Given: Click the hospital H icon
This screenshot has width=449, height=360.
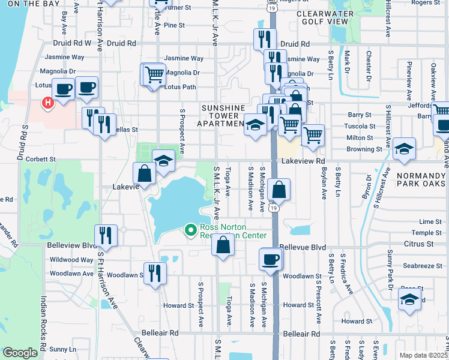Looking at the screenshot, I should point(47,103).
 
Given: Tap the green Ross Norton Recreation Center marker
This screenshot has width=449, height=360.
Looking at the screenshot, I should point(191,230).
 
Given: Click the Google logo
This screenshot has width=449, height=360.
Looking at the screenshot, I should point(20,353).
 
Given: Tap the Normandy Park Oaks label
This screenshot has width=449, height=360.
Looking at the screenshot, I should point(419,181).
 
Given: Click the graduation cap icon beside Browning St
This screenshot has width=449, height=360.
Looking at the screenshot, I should point(405,149).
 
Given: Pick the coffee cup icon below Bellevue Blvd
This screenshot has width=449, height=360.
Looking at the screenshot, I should point(270,259).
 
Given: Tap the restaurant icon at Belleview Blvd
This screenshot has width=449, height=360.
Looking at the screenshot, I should point(106,235).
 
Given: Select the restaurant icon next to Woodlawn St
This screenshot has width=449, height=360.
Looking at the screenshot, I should point(154,273).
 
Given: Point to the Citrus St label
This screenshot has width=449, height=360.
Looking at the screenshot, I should point(419,244).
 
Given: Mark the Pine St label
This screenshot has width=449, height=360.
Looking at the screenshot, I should point(174,25).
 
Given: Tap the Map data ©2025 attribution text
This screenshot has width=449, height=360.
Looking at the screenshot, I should point(423,355).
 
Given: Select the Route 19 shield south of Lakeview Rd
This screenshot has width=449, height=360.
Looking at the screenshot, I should point(273,208).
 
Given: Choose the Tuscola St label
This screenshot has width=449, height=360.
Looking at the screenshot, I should point(360,126).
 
